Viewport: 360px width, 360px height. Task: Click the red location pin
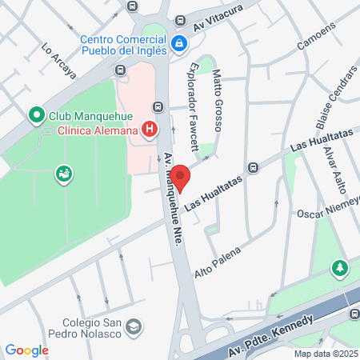[181, 177]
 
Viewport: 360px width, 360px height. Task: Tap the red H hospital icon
[148, 129]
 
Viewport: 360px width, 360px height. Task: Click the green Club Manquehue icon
[36, 116]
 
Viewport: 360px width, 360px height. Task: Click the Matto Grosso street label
[217, 101]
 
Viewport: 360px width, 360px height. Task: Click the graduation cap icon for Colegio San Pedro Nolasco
[134, 326]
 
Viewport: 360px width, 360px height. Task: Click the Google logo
[26, 350]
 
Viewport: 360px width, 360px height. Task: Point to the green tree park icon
[341, 266]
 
